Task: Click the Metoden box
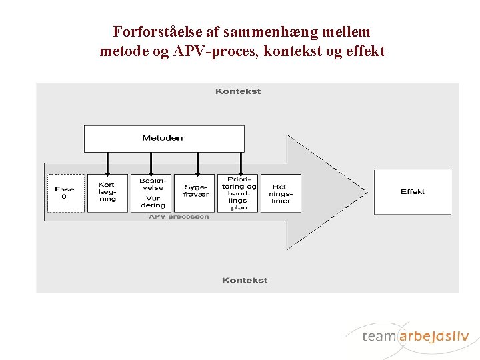(x=163, y=139)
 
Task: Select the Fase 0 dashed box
(x=65, y=193)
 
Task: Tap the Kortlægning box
(x=107, y=193)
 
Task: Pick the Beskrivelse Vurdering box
(x=153, y=193)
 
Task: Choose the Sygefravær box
(x=197, y=193)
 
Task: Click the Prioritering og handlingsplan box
(x=239, y=193)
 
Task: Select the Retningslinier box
(x=281, y=193)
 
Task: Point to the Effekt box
(x=412, y=192)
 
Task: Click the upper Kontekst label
(x=238, y=91)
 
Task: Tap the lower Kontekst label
(x=245, y=280)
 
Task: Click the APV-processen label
(x=179, y=216)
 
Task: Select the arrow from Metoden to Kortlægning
(x=107, y=163)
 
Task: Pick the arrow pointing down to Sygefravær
(x=197, y=163)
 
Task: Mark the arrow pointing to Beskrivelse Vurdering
(x=152, y=163)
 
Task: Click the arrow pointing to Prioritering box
(x=238, y=163)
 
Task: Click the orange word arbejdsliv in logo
(x=434, y=336)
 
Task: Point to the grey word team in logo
(x=379, y=336)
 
